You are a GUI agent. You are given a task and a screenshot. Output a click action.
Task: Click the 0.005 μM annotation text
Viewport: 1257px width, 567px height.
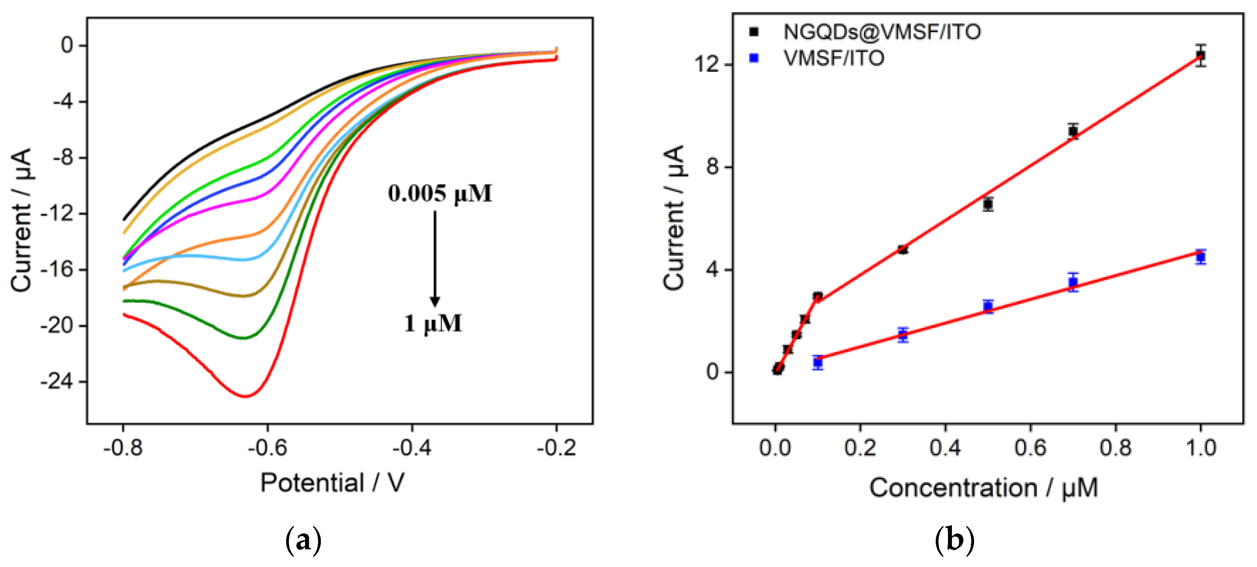click(440, 194)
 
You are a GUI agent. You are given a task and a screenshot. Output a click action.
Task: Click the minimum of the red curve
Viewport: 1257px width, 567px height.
click(245, 396)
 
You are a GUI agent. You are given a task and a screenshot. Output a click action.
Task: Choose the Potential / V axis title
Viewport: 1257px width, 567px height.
click(332, 483)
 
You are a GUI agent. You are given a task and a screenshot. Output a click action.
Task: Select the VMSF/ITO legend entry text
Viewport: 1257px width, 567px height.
click(834, 58)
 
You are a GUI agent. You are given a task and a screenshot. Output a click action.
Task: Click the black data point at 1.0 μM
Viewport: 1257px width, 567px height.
click(1201, 55)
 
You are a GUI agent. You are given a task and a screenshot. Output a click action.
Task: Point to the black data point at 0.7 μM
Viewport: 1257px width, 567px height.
click(1073, 131)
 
